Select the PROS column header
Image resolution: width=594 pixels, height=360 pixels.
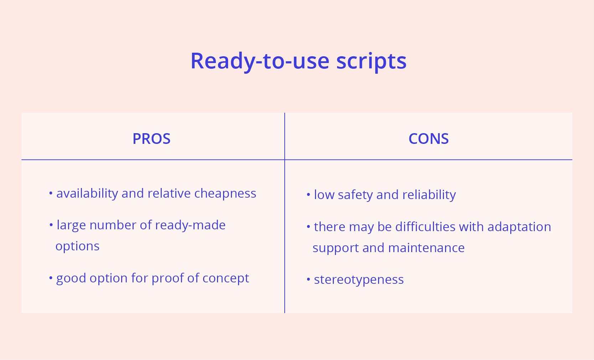point(151,139)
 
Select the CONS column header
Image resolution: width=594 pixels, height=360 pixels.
point(428,139)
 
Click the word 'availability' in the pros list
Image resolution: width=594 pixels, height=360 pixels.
point(87,193)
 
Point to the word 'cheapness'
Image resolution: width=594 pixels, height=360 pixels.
point(225,193)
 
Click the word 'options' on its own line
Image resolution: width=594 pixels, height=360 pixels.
point(77,246)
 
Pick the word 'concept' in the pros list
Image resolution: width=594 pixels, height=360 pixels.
point(226,278)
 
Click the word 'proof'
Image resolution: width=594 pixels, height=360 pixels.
point(168,278)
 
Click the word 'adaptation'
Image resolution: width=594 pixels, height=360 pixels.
point(519,227)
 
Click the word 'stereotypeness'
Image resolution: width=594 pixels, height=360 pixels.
point(359,280)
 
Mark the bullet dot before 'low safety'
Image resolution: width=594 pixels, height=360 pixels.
point(308,195)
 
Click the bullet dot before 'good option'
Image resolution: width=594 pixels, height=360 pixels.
point(51,278)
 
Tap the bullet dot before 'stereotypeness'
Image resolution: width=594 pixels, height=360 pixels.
point(308,280)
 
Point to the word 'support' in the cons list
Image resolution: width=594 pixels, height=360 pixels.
point(336,248)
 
